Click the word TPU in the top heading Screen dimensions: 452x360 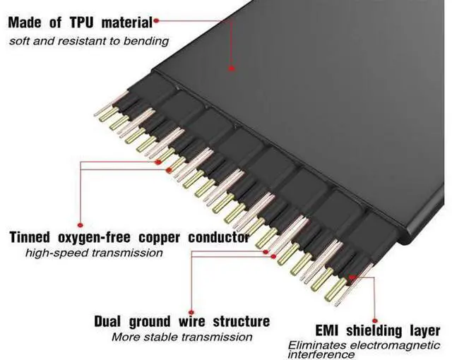coord(82,23)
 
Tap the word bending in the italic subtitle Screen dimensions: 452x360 coord(146,41)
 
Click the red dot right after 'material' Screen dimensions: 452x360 coord(156,20)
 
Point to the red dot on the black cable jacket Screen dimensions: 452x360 coord(232,68)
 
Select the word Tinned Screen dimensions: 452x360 coord(30,237)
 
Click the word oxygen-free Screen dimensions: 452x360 coord(94,238)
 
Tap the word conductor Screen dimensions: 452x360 coord(218,237)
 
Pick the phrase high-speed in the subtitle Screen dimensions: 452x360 coord(56,253)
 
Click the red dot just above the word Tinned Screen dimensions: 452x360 coord(81,224)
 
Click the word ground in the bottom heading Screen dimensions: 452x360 coord(150,322)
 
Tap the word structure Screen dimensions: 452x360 coord(242,321)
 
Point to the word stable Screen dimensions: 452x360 coord(161,337)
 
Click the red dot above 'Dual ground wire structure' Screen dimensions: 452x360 coord(191,312)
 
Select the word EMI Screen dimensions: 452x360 coord(326,330)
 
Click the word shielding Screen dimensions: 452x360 coord(374,330)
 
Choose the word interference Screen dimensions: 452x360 coord(321,354)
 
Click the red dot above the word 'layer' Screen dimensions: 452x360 coord(374,321)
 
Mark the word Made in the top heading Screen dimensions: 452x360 coord(25,23)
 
